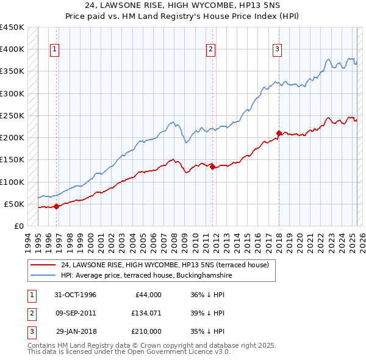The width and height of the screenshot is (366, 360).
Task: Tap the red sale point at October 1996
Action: [x=56, y=206]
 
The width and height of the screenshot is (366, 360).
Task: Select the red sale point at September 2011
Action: [x=212, y=166]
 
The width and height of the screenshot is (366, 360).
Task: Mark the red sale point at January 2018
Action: [x=279, y=133]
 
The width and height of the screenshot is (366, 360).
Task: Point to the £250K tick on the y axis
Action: [x=12, y=115]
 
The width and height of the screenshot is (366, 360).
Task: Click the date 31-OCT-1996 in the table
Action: [x=75, y=295]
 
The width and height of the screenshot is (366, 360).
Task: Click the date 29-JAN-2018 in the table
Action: [x=75, y=331]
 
